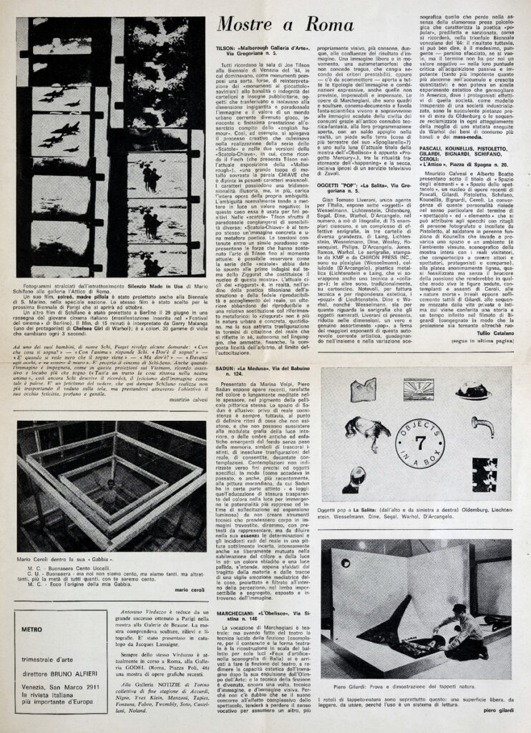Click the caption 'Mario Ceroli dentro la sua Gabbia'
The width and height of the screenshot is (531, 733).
(69, 556)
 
